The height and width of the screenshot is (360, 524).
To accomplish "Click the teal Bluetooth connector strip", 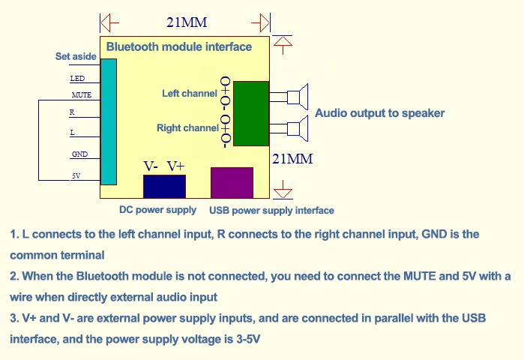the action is [x=109, y=121].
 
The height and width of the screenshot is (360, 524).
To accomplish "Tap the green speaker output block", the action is [x=251, y=114].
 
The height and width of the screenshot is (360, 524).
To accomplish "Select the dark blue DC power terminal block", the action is [x=164, y=187].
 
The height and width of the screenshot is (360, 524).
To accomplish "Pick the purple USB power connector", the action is [x=232, y=183].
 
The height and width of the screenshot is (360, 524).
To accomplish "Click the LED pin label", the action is [x=77, y=79].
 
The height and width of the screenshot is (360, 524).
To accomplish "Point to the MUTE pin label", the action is [x=82, y=95].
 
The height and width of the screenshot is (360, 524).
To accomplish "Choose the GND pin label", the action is [x=80, y=154].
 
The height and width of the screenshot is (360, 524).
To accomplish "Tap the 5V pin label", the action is [x=76, y=175].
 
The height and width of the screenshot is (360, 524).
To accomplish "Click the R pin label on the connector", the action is [x=72, y=112].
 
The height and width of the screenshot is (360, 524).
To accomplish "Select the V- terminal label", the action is [x=151, y=166].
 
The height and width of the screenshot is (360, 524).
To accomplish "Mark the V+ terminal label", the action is [x=175, y=166].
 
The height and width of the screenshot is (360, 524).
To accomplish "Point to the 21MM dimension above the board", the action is [x=187, y=22].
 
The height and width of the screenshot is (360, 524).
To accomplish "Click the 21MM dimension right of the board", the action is [x=293, y=159].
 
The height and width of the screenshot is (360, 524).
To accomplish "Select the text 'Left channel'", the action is [x=190, y=93].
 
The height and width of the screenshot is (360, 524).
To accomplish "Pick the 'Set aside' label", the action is [x=76, y=56].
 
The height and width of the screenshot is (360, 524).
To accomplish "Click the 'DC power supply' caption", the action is [x=157, y=210].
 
